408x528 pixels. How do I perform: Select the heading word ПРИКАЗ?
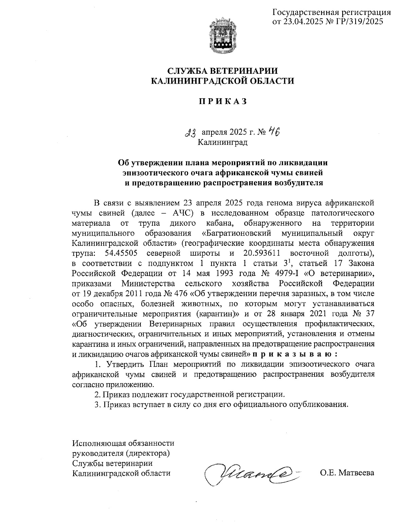pyautogui.click(x=222, y=101)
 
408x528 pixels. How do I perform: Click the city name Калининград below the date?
pyautogui.click(x=223, y=142)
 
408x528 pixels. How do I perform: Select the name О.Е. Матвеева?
pyautogui.click(x=347, y=473)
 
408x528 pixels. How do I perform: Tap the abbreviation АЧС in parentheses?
pyautogui.click(x=183, y=214)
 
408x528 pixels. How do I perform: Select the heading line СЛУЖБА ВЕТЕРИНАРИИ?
pyautogui.click(x=222, y=71)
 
